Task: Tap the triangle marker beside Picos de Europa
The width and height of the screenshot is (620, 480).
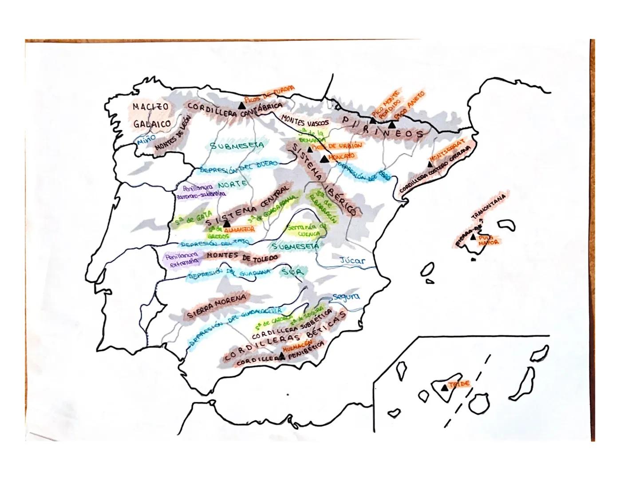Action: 242,105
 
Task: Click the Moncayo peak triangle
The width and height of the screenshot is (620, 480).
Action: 324,159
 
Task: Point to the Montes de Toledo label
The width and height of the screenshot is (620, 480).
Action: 243,256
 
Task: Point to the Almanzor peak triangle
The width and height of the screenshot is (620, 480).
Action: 227,224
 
